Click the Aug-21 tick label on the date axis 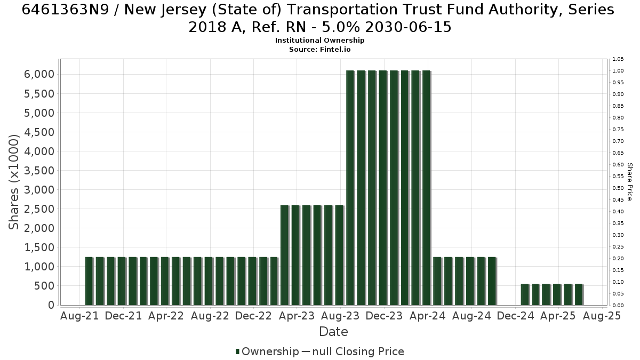[79, 316]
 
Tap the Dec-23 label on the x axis [384, 316]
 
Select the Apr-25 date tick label [558, 316]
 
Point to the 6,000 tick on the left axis [39, 74]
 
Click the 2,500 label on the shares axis [39, 209]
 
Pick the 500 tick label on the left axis [44, 286]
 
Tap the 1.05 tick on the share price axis [618, 59]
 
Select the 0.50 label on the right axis [618, 188]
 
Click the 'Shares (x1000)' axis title [14, 182]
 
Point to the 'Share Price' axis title [630, 182]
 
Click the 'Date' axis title [333, 332]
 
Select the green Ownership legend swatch [237, 351]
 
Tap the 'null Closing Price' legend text [358, 351]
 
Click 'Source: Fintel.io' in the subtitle [319, 50]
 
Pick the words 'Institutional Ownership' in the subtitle [319, 41]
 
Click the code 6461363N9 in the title [66, 10]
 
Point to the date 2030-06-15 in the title [408, 27]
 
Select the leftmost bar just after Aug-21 [89, 281]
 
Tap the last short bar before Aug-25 [579, 294]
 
